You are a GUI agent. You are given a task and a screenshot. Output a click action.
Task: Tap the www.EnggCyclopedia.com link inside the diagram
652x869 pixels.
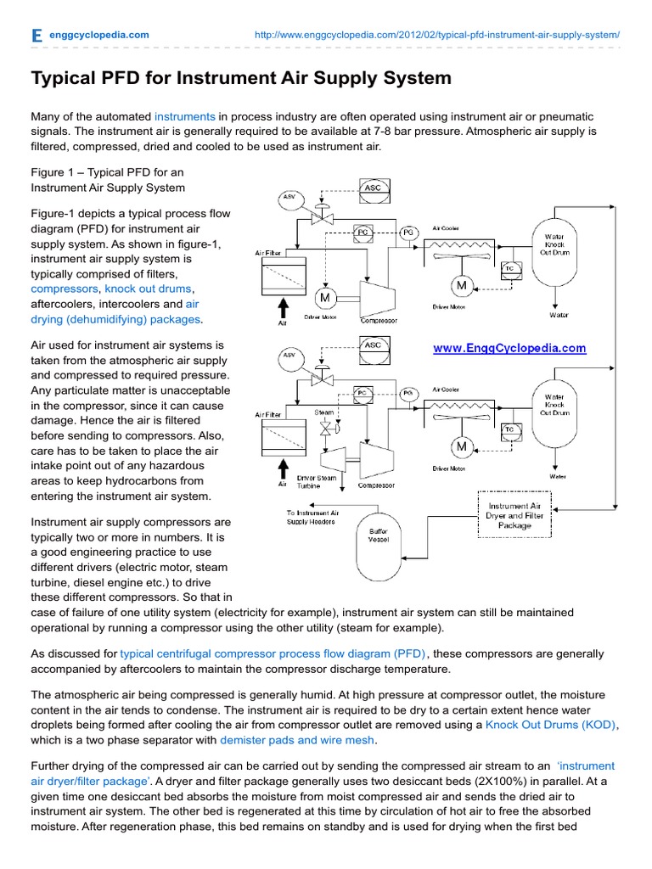(x=509, y=348)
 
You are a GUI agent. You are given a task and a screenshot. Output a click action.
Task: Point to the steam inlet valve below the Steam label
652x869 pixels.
(x=324, y=429)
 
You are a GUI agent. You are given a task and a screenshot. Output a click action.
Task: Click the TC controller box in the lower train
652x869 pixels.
(x=510, y=429)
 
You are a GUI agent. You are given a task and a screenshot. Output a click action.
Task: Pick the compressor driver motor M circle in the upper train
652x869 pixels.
(x=324, y=297)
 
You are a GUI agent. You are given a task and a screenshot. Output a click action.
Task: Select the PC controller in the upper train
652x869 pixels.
(x=363, y=231)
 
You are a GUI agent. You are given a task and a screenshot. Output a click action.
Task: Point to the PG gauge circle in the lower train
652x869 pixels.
(x=407, y=393)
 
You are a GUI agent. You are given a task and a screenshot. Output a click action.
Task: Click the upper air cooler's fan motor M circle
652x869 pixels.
(x=463, y=283)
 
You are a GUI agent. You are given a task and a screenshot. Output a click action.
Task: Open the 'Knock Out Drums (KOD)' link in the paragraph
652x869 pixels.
(x=551, y=725)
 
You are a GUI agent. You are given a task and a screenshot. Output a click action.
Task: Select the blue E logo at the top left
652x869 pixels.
(x=37, y=35)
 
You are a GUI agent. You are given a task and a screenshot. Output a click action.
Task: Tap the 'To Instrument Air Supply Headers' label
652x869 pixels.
(x=312, y=518)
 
